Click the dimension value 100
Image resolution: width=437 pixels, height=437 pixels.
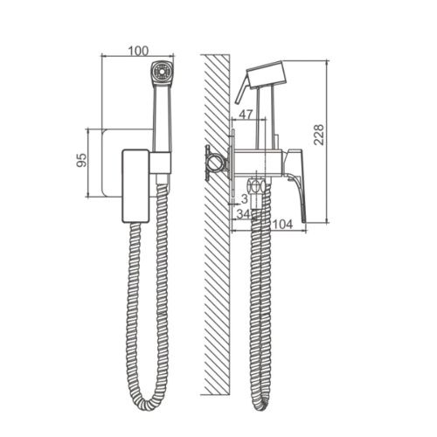[x=138, y=51]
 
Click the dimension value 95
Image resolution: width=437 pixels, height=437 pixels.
[x=82, y=160]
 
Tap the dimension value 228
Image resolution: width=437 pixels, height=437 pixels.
[x=319, y=135]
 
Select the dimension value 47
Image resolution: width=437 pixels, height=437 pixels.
[x=246, y=114]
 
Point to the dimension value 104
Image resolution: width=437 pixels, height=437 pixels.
[x=282, y=224]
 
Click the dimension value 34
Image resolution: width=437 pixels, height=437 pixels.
[x=243, y=214]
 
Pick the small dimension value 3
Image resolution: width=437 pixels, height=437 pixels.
[x=245, y=199]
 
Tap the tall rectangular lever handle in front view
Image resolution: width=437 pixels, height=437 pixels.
[x=135, y=186]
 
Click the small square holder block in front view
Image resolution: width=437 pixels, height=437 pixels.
[x=160, y=163]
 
